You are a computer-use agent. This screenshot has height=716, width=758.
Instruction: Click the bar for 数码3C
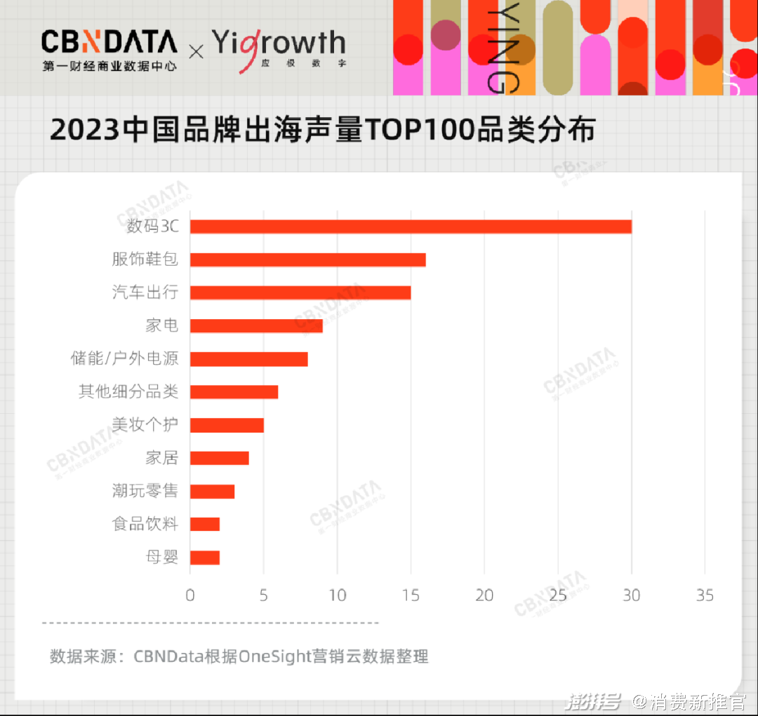click(411, 227)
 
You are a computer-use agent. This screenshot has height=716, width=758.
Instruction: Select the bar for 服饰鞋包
click(307, 259)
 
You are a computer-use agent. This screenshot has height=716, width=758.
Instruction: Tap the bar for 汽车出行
click(300, 292)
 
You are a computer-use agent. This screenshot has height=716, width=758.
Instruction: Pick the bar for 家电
click(255, 325)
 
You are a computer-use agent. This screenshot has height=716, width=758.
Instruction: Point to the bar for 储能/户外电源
click(248, 359)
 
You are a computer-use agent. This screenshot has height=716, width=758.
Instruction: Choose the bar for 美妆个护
click(226, 425)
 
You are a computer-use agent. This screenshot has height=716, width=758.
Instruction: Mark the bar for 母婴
click(204, 558)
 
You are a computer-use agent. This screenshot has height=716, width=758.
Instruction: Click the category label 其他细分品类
click(128, 391)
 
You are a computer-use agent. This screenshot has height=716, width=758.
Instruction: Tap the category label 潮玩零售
click(145, 491)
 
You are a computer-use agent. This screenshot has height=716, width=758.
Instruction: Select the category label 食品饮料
click(145, 524)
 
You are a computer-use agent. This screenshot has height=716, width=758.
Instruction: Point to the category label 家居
click(162, 458)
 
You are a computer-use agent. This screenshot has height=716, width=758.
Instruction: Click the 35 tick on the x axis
click(705, 595)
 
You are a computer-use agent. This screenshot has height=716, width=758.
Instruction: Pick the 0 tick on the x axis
click(190, 595)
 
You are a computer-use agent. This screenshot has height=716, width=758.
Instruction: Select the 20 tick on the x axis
click(484, 595)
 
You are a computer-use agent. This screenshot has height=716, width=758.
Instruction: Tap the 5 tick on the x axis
click(263, 595)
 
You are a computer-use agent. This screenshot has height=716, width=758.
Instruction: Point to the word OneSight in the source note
click(274, 657)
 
